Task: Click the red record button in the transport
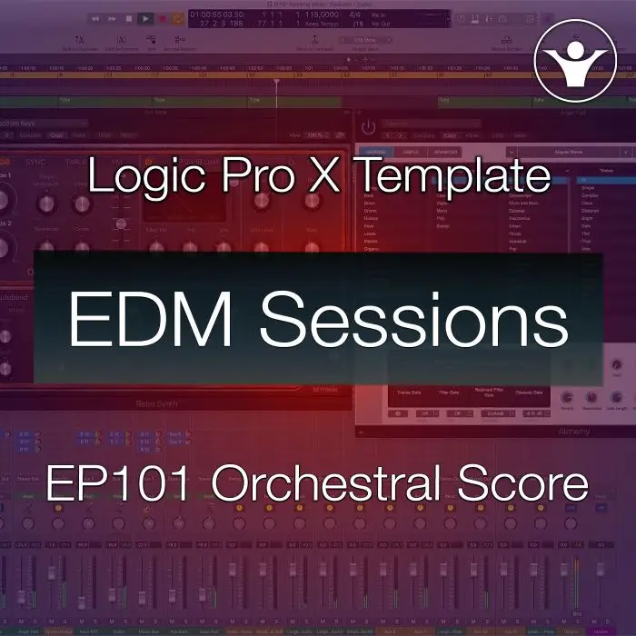[x=163, y=17]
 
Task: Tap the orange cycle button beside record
[x=177, y=17]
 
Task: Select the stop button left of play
[x=128, y=17]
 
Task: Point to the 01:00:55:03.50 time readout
[x=218, y=13]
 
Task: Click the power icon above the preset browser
[x=369, y=128]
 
